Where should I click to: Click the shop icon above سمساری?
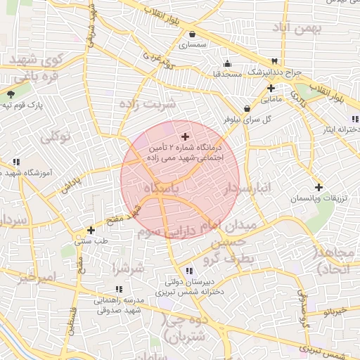tap(191, 33)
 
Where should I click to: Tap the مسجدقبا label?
tap(228, 72)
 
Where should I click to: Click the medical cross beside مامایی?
tap(271, 88)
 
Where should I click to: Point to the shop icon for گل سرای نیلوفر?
tap(247, 109)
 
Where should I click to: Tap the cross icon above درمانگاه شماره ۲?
tap(185, 136)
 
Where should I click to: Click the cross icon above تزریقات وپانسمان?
tap(319, 187)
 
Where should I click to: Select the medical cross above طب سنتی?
tap(91, 230)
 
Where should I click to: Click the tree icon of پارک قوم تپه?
tap(11, 94)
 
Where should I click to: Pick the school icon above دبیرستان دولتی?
tap(188, 271)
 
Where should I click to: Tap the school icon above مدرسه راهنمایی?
tap(118, 289)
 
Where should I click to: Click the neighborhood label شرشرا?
tap(129, 268)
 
